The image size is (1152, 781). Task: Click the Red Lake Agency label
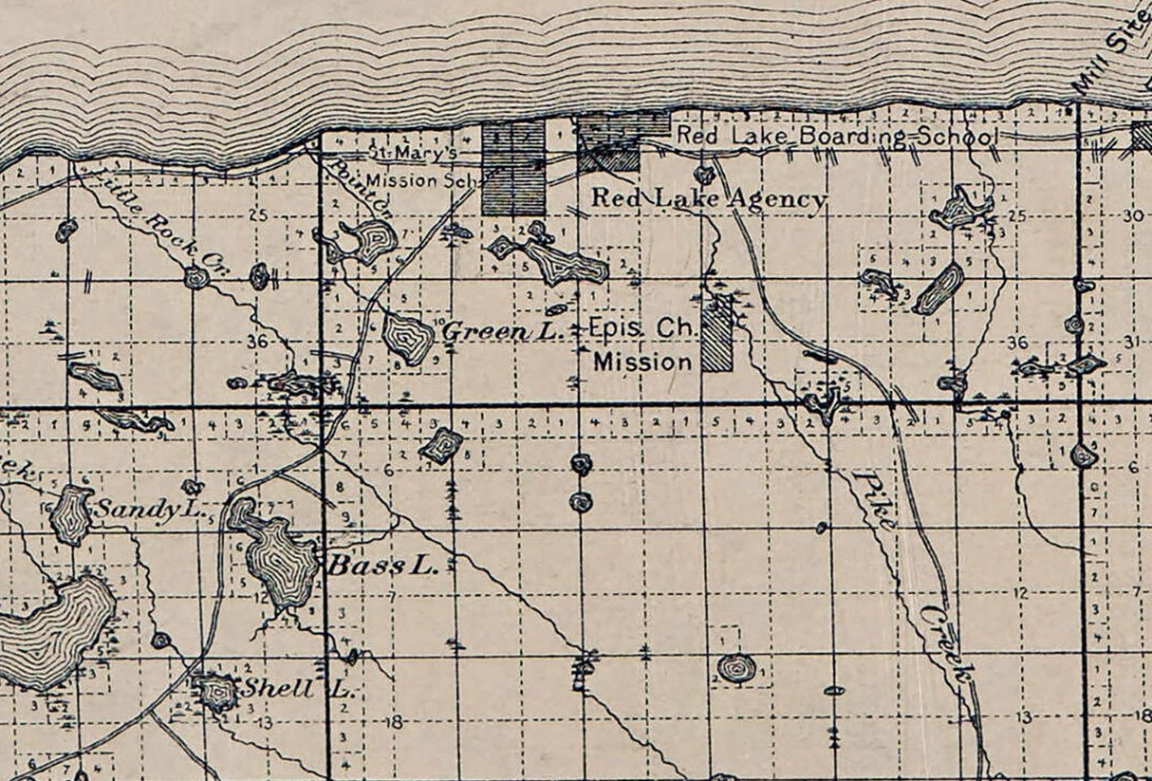coord(709,199)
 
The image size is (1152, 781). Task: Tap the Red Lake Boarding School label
coord(836,137)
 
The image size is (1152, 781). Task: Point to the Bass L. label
coord(382,567)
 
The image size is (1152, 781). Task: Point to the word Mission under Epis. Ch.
coord(642,362)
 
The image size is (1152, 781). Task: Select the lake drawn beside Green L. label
coord(408,338)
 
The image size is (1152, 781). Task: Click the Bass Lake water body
coord(280,560)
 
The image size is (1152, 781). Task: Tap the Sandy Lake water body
coord(70,514)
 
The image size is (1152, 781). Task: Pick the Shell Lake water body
coord(216,692)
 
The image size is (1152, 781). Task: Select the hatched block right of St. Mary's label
coord(513,166)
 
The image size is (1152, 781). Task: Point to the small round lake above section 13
coord(737,668)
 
